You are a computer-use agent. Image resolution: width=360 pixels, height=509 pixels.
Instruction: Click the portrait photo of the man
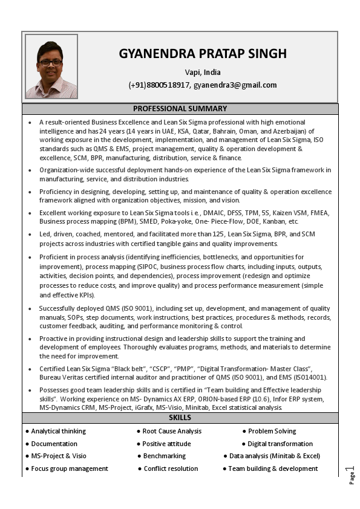pos(51,66)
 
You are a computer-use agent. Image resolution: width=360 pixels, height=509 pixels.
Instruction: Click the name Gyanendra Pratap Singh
pos(203,54)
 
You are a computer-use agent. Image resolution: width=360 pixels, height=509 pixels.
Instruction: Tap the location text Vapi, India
pos(203,73)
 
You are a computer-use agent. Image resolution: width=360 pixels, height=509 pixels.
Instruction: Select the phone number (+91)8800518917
pos(159,85)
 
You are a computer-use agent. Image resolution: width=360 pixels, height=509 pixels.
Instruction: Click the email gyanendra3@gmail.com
pos(235,85)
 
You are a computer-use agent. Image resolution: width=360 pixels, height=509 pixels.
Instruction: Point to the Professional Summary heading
pos(180,109)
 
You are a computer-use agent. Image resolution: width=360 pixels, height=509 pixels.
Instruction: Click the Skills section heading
pos(180,418)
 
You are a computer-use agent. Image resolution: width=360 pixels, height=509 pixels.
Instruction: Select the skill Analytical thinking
pos(58,432)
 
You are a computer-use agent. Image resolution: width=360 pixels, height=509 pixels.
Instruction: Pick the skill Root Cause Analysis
pos(172,432)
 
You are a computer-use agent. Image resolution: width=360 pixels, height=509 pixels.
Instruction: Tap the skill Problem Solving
pos(272,432)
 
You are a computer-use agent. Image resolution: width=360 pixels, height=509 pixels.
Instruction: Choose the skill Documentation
pos(54,444)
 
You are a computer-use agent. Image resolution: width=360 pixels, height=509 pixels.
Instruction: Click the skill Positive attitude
pos(166,444)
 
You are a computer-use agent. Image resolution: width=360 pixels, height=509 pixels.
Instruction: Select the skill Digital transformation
pos(280,444)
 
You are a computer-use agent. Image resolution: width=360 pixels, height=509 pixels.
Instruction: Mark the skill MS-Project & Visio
pos(59,456)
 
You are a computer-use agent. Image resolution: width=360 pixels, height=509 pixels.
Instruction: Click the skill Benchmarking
pos(165,456)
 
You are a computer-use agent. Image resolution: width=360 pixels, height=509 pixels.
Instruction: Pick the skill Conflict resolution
pos(171,469)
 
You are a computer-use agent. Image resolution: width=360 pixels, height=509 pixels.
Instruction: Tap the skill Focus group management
pos(70,469)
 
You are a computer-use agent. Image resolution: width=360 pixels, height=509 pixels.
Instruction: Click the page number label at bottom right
pos(351,475)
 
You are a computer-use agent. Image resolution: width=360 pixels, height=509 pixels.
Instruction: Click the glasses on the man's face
pos(51,62)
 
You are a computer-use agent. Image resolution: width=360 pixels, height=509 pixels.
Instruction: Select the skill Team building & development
pos(273,469)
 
